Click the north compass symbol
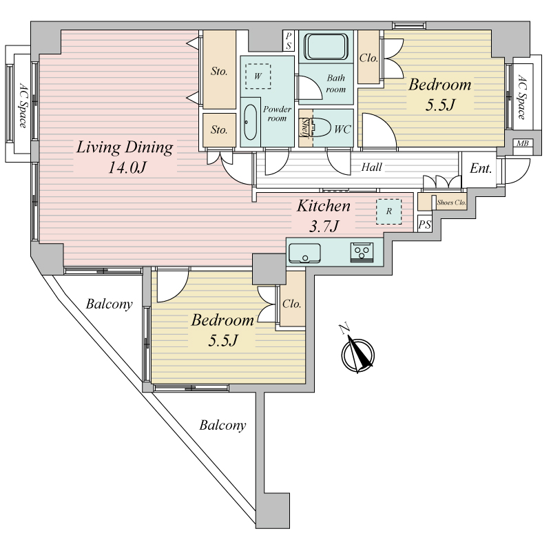pyautogui.click(x=357, y=353)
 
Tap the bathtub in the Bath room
pyautogui.click(x=326, y=46)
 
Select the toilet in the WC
pyautogui.click(x=321, y=127)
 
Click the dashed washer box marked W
pyautogui.click(x=258, y=76)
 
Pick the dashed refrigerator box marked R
pyautogui.click(x=388, y=211)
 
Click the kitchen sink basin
pyautogui.click(x=304, y=253)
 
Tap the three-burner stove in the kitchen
pyautogui.click(x=362, y=253)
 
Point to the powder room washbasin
pyautogui.click(x=251, y=122)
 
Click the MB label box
pyautogui.click(x=523, y=143)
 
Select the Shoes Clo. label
pyautogui.click(x=451, y=202)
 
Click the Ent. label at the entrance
pyautogui.click(x=480, y=169)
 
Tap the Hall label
pyautogui.click(x=371, y=167)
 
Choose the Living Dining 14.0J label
pyautogui.click(x=125, y=157)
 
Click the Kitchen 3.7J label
pyautogui.click(x=324, y=216)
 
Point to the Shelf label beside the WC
pyautogui.click(x=305, y=127)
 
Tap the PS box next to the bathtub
pyautogui.click(x=289, y=41)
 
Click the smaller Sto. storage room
pyautogui.click(x=219, y=130)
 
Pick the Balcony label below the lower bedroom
pyautogui.click(x=222, y=426)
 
